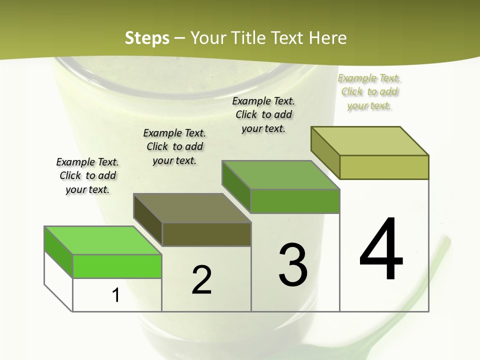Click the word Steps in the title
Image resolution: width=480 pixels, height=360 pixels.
pos(147,38)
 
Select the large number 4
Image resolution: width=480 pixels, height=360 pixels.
pos(381,250)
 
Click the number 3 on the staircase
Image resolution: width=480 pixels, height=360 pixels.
pos(293,265)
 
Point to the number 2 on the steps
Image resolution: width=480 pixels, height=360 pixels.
pos(202,280)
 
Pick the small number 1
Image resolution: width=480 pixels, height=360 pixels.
pos(116,295)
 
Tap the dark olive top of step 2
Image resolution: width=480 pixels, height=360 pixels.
pos(192,208)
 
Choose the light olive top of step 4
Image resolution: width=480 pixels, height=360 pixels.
pos(370,141)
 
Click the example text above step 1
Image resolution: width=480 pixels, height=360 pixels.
pos(87,175)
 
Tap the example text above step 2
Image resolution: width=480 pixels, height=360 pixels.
pos(174,146)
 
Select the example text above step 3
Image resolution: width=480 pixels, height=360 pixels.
pos(263,114)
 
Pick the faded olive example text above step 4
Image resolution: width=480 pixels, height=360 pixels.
pos(369,91)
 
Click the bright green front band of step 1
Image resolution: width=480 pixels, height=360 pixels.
pos(117,266)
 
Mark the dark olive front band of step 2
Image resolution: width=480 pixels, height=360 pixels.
pos(206,234)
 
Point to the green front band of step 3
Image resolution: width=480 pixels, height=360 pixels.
pos(295,201)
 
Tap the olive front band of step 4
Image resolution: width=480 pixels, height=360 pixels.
pos(384,167)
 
